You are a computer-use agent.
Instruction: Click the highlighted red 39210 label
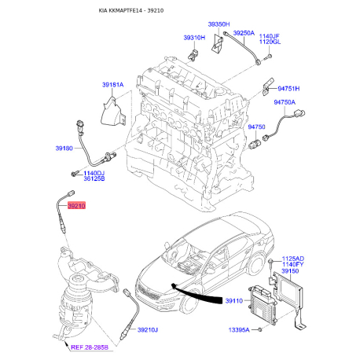[76, 206]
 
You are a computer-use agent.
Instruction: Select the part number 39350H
[219, 24]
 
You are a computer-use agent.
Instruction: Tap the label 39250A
[244, 33]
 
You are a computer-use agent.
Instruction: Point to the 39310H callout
[194, 38]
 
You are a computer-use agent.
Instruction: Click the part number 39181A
[112, 85]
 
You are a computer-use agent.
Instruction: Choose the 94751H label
[288, 89]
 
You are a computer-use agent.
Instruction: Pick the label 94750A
[285, 102]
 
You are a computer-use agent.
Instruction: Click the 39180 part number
[64, 149]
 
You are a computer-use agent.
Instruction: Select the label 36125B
[94, 179]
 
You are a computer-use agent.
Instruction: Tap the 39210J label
[148, 330]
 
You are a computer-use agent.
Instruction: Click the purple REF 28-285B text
[90, 347]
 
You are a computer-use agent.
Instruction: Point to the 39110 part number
[234, 301]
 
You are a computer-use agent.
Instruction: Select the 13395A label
[239, 330]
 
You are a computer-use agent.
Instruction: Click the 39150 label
[290, 271]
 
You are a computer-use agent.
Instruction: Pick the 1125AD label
[293, 259]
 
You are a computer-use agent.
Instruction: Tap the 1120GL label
[270, 42]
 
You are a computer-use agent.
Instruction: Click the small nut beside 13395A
[259, 329]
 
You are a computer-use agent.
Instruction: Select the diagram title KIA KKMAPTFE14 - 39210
[131, 10]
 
